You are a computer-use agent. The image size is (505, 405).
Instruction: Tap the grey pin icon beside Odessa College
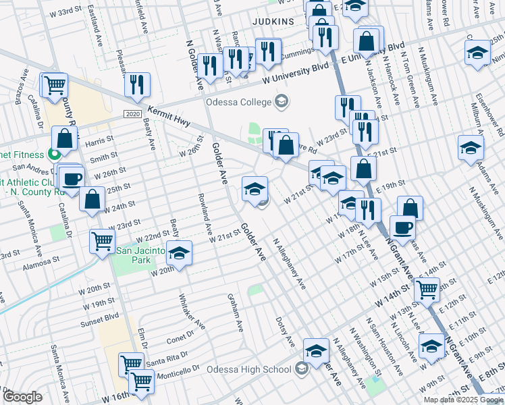(281, 103)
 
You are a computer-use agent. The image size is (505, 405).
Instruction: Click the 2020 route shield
(132, 115)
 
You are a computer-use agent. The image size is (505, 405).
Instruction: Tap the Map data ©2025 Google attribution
(463, 399)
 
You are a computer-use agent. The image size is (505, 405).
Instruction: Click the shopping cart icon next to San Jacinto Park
(102, 240)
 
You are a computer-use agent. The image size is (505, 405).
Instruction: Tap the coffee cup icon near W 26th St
(72, 179)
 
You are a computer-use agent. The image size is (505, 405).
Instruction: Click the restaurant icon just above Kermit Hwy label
(137, 84)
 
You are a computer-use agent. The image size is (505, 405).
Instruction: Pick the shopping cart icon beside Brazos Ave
(55, 85)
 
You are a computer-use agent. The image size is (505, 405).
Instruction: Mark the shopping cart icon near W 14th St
(426, 290)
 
